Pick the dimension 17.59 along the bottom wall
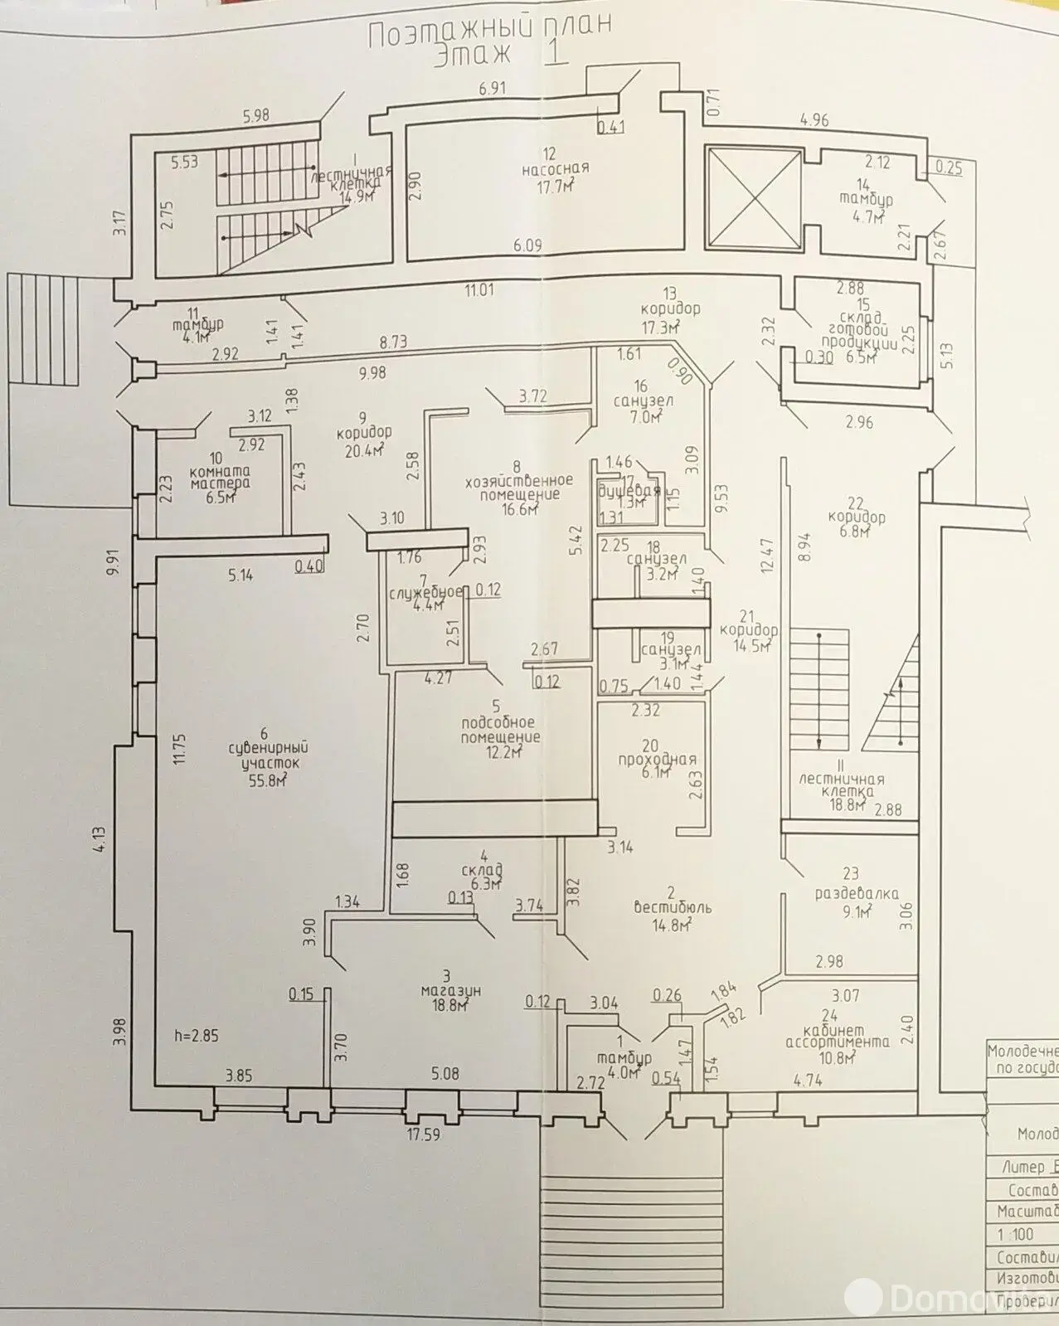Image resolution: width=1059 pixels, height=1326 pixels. (x=422, y=1134)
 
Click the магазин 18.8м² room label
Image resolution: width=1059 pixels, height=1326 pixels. (x=451, y=991)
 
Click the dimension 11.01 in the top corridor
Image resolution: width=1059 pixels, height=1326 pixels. (x=478, y=289)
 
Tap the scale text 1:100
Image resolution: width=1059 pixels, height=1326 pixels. (x=1016, y=1235)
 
